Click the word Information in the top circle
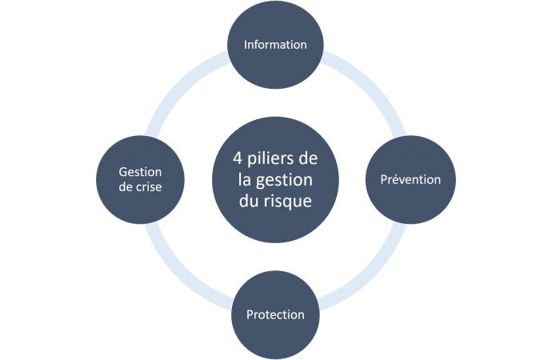pyautogui.click(x=275, y=45)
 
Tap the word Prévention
pyautogui.click(x=410, y=179)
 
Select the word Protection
pyautogui.click(x=275, y=314)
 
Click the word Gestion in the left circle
pyautogui.click(x=140, y=172)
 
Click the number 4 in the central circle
pyautogui.click(x=226, y=158)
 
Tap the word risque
pyautogui.click(x=289, y=202)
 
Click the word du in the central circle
pyautogui.click(x=250, y=202)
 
